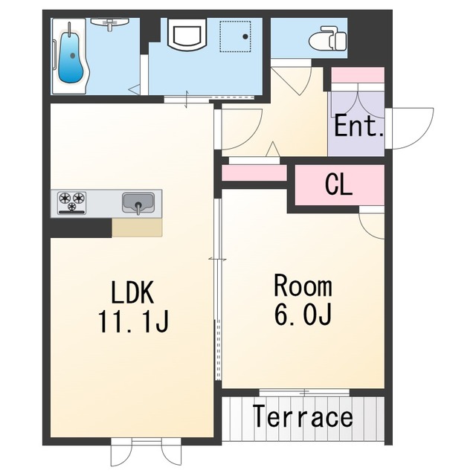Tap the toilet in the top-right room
click(327, 38)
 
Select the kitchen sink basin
click(138, 202)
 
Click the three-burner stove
click(72, 202)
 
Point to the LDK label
click(132, 292)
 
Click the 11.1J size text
click(133, 322)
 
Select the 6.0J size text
click(303, 314)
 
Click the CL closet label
click(338, 185)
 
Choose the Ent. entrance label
click(358, 125)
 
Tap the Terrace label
click(303, 417)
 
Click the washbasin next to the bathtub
click(110, 24)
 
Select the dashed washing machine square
click(235, 36)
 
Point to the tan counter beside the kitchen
click(137, 227)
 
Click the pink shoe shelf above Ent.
click(358, 75)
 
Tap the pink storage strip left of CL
click(254, 173)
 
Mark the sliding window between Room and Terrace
click(304, 393)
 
